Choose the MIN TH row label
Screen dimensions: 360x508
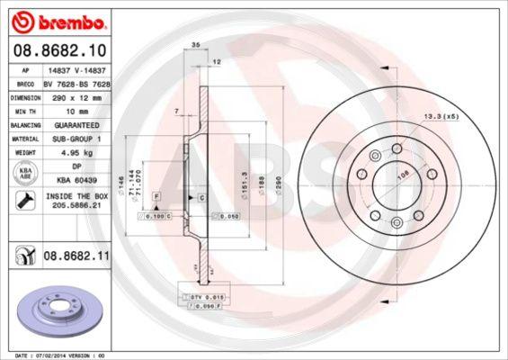pos(22,110)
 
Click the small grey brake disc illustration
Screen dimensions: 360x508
pos(58,310)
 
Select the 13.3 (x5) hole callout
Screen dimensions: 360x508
pos(440,115)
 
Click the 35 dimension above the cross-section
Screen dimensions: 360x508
pos(194,42)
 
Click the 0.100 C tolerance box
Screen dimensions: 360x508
pos(156,217)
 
